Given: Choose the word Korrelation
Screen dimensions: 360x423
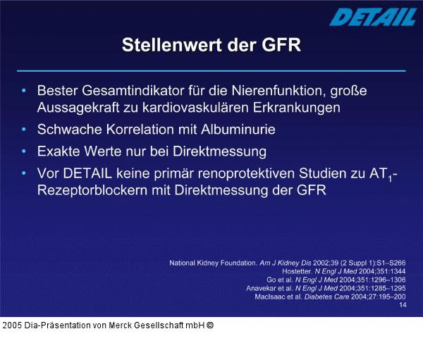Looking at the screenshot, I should pyautogui.click(x=134, y=130).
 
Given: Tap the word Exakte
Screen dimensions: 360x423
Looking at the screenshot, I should pyautogui.click(x=61, y=151).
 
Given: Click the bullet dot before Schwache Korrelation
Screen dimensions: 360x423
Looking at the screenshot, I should pyautogui.click(x=25, y=130).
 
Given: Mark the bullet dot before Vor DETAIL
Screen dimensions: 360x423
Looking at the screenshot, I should pyautogui.click(x=25, y=173).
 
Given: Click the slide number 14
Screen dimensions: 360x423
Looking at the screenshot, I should pyautogui.click(x=403, y=305).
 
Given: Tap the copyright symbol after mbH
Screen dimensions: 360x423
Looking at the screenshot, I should pyautogui.click(x=210, y=325).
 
